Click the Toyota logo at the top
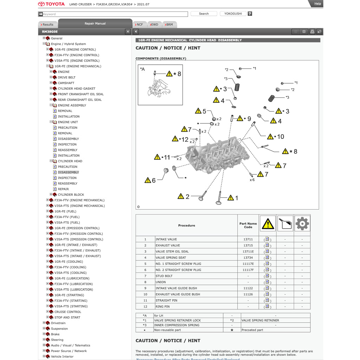51,4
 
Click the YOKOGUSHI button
233,14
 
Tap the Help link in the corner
317,4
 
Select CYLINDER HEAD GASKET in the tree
76,89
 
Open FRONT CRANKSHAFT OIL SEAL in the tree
81,94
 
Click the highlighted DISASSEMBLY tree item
68,172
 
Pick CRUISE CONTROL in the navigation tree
67,312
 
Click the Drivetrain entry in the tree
58,323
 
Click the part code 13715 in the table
248,245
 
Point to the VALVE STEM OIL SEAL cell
172,251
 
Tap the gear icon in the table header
302,223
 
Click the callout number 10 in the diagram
280,137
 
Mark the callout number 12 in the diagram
185,140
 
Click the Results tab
47,25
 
